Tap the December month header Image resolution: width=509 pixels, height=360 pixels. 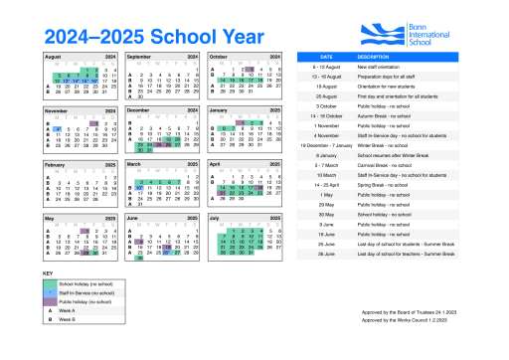tap(140, 111)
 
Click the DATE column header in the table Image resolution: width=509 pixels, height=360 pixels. tap(325, 57)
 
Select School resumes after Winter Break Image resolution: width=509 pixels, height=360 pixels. tap(402, 155)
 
